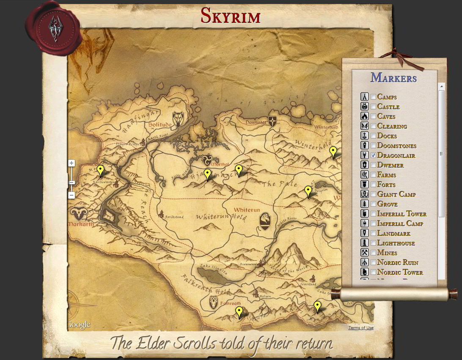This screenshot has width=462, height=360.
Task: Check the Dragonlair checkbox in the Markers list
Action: pos(373,155)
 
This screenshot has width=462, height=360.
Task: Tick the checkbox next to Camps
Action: pos(373,97)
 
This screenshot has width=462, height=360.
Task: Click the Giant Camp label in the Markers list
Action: pos(396,194)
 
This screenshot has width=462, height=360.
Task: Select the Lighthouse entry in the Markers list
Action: pos(396,243)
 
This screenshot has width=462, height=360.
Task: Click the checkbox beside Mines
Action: pos(373,253)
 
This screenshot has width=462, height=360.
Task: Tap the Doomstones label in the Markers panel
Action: pos(396,146)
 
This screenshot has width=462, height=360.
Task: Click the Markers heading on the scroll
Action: pos(393,78)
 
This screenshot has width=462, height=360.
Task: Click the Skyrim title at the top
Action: pos(231,16)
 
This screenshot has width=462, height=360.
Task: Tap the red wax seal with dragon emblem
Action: pos(53,28)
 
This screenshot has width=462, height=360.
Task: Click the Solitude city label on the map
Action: pos(159,125)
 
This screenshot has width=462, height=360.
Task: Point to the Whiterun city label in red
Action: pos(247,210)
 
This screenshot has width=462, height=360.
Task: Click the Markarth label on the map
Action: pos(81,224)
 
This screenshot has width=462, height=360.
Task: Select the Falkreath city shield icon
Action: pos(214,302)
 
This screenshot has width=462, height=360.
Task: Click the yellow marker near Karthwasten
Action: pos(100,170)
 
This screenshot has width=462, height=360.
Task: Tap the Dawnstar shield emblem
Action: pos(273,122)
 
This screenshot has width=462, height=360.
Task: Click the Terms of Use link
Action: pos(360,327)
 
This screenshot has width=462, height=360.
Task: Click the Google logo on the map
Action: pos(79,325)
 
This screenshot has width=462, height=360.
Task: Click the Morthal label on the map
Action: pos(220,164)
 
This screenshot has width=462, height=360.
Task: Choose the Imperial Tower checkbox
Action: pos(373,214)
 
